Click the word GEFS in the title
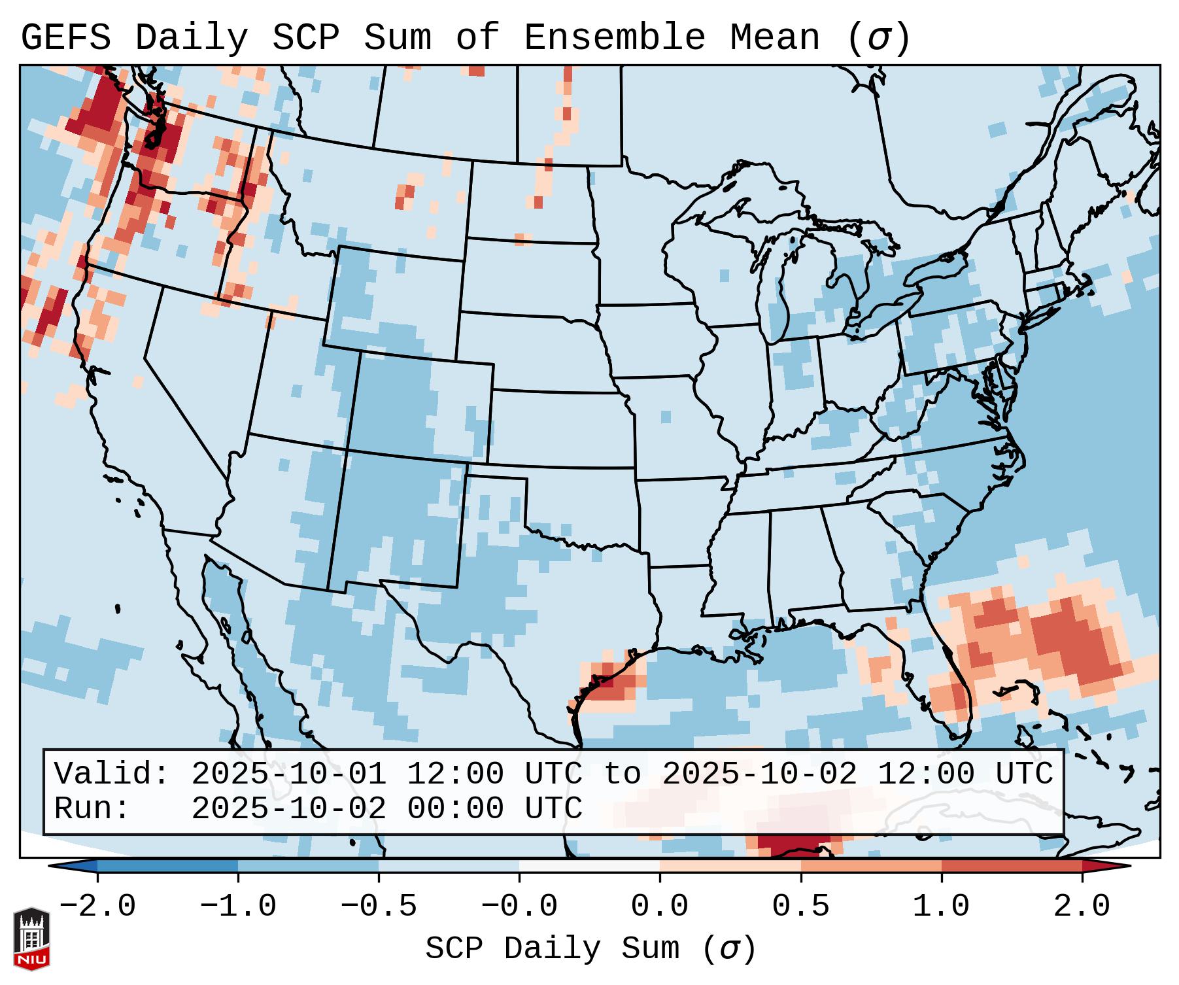(x=66, y=38)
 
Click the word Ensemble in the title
(x=614, y=38)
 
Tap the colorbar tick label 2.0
(x=1082, y=907)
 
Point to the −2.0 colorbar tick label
(x=97, y=907)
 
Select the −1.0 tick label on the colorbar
(x=238, y=907)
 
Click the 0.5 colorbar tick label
(x=800, y=907)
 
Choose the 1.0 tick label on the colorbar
(x=941, y=907)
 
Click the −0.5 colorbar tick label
(x=379, y=907)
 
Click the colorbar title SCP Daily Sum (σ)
(x=590, y=949)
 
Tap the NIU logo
(x=31, y=939)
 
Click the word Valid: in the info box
(x=112, y=774)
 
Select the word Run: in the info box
(x=92, y=809)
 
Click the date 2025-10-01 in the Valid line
(x=288, y=774)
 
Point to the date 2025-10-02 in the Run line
(x=288, y=809)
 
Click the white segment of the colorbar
(x=589, y=866)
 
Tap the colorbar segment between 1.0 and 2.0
(x=1012, y=866)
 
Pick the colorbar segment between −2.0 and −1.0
(x=167, y=866)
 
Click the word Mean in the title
(x=774, y=38)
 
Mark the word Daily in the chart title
(x=192, y=38)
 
